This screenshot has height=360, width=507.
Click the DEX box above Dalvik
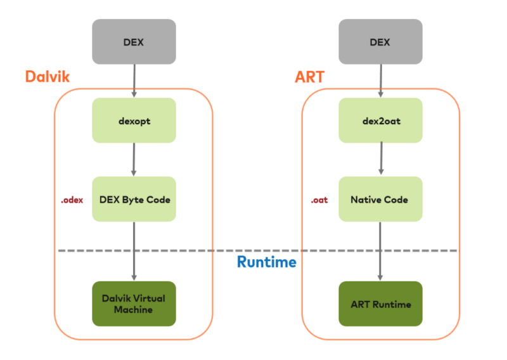pyautogui.click(x=134, y=42)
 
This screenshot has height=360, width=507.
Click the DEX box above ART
pyautogui.click(x=381, y=42)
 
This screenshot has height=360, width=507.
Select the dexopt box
pyautogui.click(x=134, y=120)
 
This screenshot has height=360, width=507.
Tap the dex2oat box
pyautogui.click(x=381, y=120)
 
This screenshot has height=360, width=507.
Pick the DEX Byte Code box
pyautogui.click(x=134, y=199)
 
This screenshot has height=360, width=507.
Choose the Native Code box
pyautogui.click(x=381, y=199)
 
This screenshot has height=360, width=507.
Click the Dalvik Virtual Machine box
pyautogui.click(x=134, y=304)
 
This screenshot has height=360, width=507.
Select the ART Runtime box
pyautogui.click(x=381, y=304)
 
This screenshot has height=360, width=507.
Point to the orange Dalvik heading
pyautogui.click(x=48, y=77)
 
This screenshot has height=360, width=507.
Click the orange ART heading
pyautogui.click(x=309, y=77)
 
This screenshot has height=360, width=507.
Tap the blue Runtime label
pyautogui.click(x=266, y=262)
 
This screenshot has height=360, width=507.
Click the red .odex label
pyautogui.click(x=72, y=200)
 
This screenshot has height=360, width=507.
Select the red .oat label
pyautogui.click(x=319, y=200)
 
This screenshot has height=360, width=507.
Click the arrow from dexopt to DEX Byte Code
pyautogui.click(x=134, y=160)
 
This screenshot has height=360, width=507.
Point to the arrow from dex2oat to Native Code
pyautogui.click(x=382, y=158)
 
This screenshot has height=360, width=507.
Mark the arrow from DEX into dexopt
pyautogui.click(x=134, y=81)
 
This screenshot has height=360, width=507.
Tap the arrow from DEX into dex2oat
pyautogui.click(x=381, y=81)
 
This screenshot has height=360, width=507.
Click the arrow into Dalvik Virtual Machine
pyautogui.click(x=134, y=252)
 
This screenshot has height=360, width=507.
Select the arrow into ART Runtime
pyautogui.click(x=380, y=252)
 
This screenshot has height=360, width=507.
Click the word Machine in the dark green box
pyautogui.click(x=133, y=309)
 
